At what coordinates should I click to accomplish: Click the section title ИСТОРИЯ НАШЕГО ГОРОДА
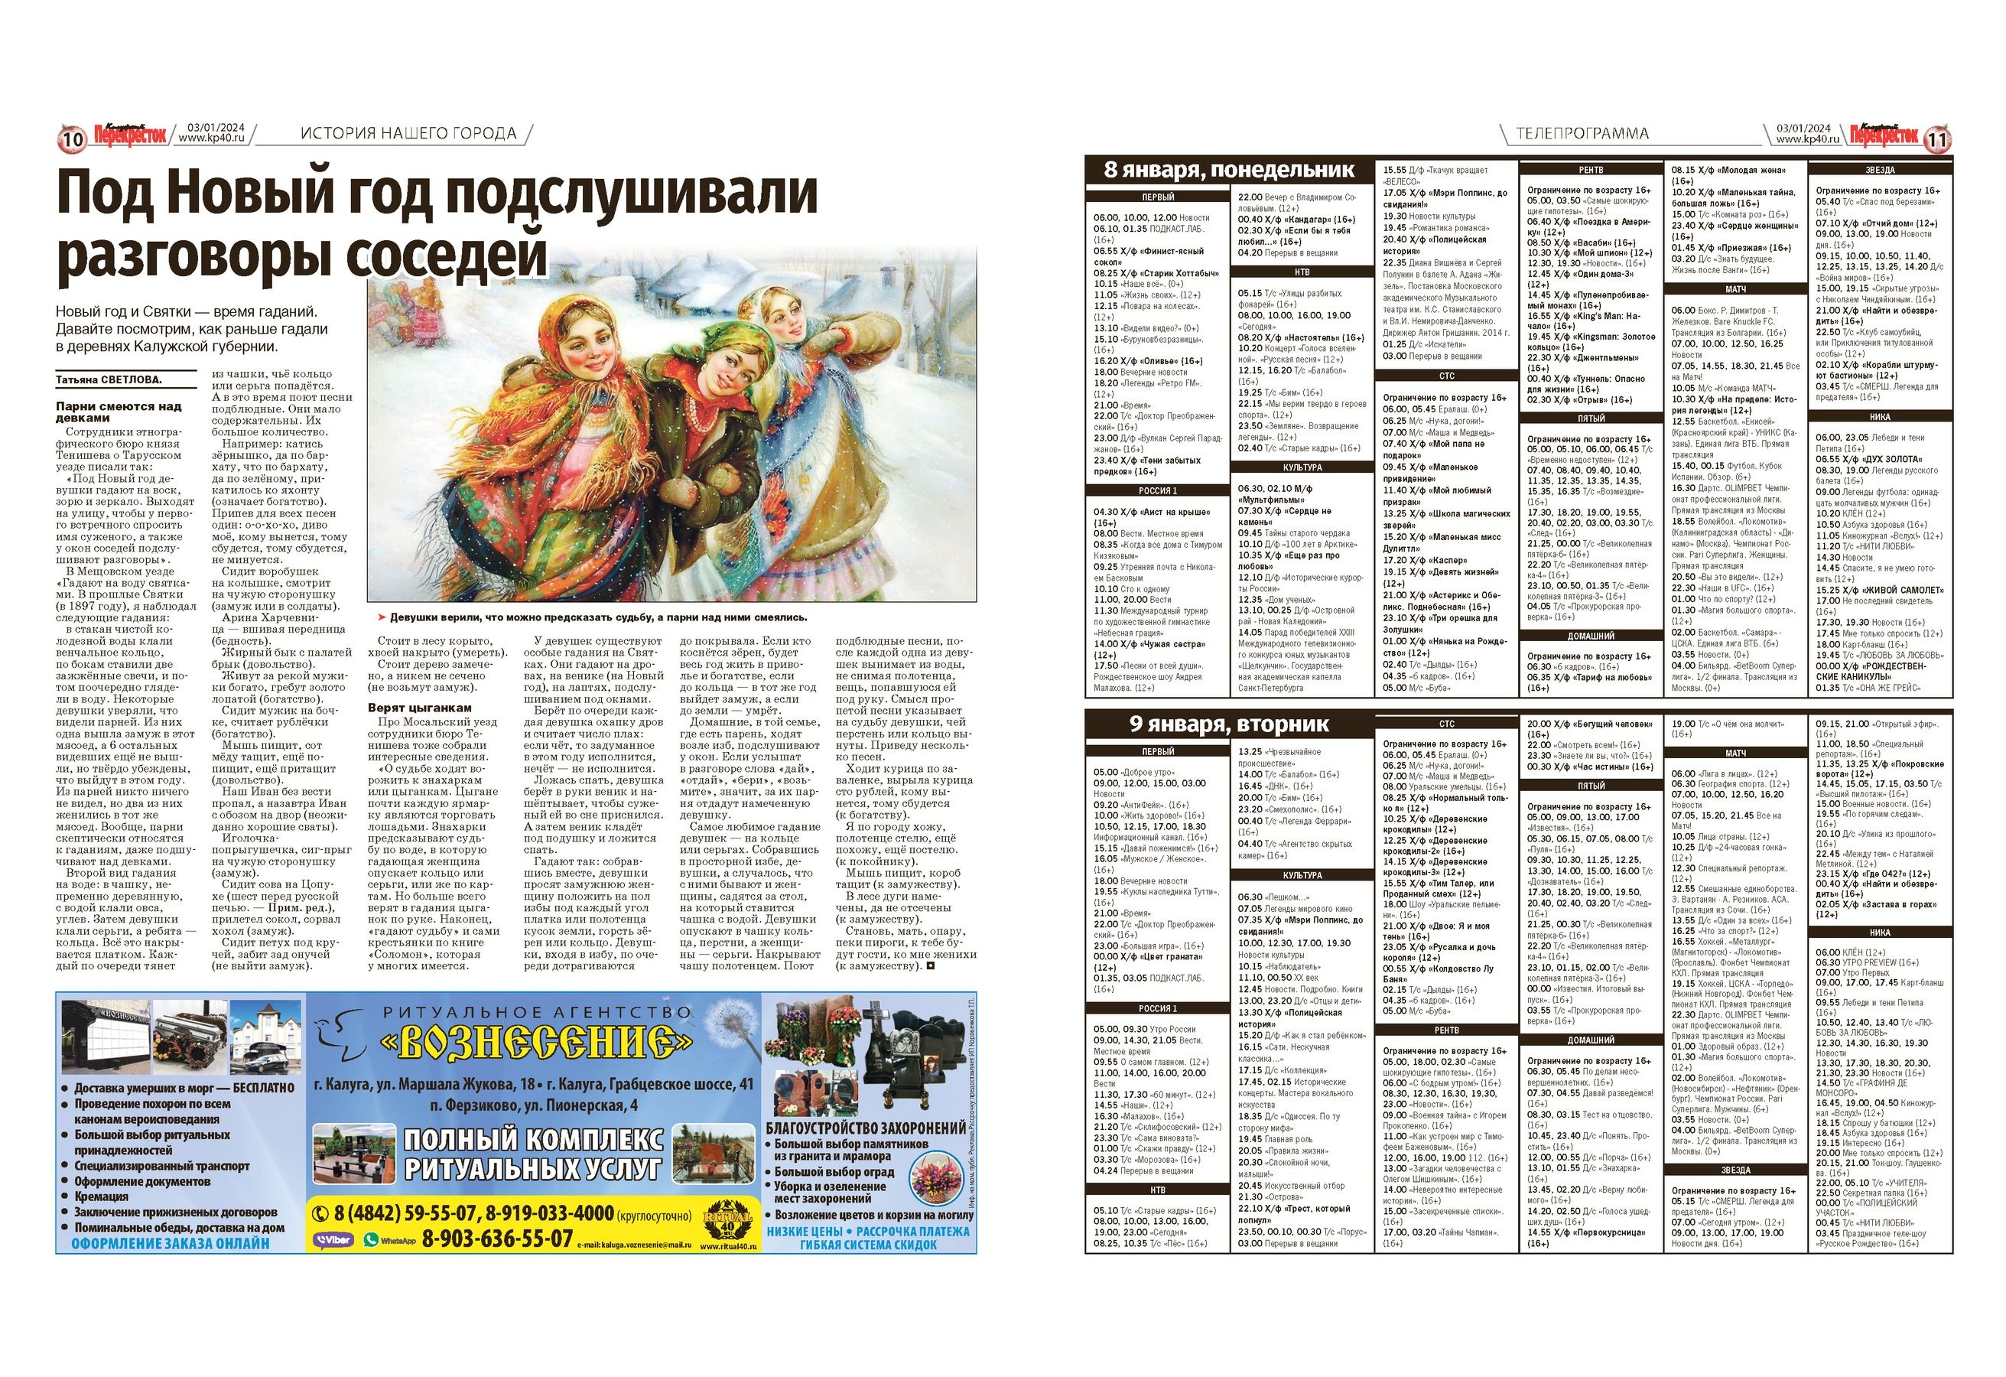click(x=408, y=133)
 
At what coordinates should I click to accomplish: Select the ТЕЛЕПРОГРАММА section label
click(x=1582, y=133)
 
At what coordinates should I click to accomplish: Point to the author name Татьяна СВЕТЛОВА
click(x=109, y=380)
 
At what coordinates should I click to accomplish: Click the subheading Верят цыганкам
click(x=420, y=707)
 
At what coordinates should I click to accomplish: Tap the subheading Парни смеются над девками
click(x=119, y=411)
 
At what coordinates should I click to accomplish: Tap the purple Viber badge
click(x=333, y=1240)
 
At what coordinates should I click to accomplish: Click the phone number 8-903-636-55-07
click(x=497, y=1239)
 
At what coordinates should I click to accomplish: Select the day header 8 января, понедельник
click(x=1229, y=169)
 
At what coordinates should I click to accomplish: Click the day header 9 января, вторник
click(x=1229, y=724)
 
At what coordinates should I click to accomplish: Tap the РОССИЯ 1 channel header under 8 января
click(x=1158, y=490)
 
